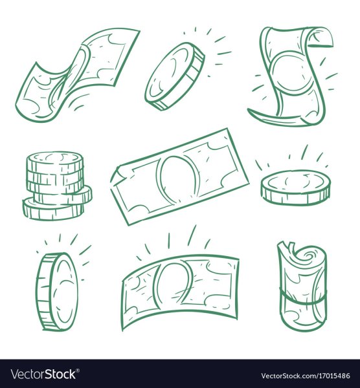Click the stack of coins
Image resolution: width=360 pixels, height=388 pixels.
tap(57, 186)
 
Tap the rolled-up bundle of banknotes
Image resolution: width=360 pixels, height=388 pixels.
tap(302, 287)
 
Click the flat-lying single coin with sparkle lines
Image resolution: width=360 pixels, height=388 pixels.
tap(296, 188)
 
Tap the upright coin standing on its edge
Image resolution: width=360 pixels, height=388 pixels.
tap(58, 292)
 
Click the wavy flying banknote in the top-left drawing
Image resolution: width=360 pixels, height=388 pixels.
tap(77, 74)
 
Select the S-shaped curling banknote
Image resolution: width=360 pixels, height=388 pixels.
tap(293, 77)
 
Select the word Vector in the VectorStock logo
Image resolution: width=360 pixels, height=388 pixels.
tap(27, 374)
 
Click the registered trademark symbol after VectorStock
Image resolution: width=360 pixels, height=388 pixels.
tap(78, 370)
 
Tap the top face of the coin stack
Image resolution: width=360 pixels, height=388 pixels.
tap(54, 158)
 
